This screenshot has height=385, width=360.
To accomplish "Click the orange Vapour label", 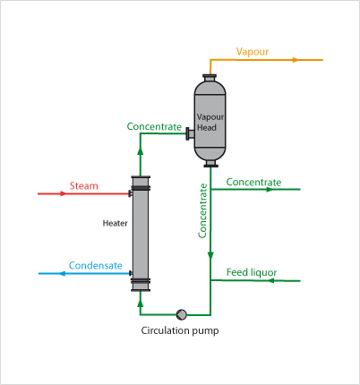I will click(253, 52).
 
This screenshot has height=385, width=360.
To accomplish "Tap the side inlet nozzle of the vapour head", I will click(190, 134).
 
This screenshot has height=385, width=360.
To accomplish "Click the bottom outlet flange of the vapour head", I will click(210, 164).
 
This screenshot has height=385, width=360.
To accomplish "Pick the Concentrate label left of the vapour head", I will click(154, 127).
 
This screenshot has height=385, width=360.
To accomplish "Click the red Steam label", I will click(83, 186).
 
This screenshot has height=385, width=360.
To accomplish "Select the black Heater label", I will click(115, 222).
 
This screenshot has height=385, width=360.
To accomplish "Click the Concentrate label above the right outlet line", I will click(253, 182).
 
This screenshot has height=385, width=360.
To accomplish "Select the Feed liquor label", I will click(252, 272).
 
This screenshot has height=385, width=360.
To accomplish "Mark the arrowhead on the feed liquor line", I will click(213, 280).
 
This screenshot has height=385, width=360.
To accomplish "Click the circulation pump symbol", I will click(182, 313).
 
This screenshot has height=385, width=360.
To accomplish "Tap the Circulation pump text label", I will click(180, 330).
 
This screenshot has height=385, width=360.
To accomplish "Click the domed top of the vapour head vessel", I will click(210, 82).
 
